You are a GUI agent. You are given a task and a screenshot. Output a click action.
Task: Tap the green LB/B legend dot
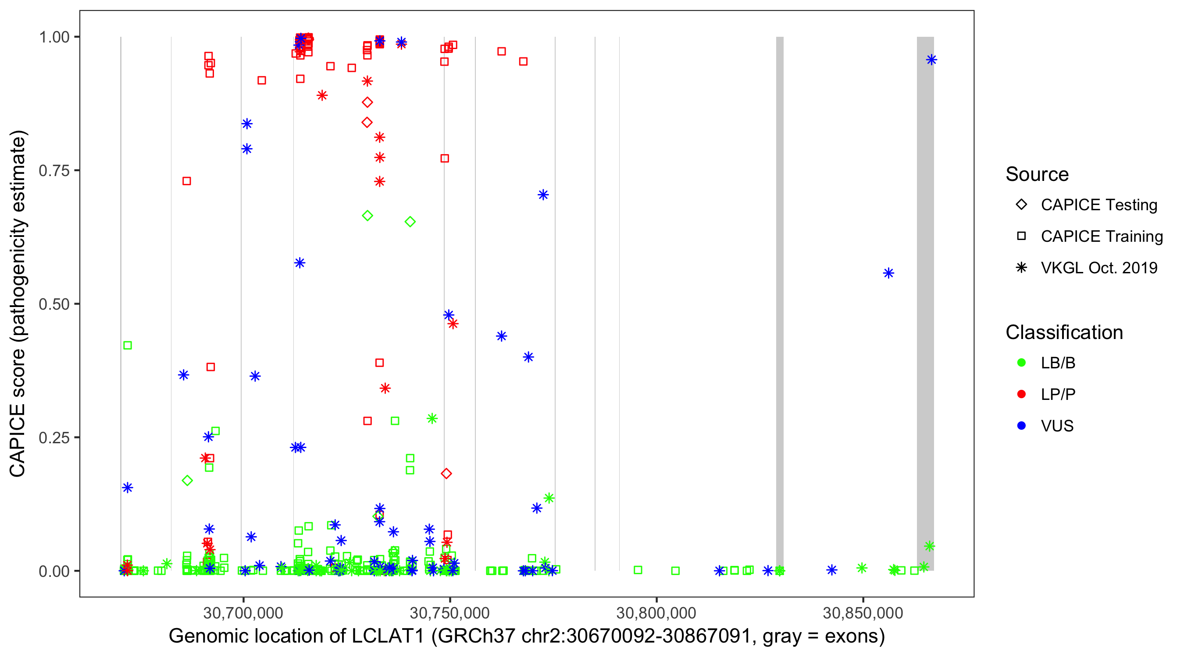(x=1021, y=363)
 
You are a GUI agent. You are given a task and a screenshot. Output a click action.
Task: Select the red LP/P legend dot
(x=1021, y=394)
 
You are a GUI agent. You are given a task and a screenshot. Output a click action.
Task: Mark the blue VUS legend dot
(x=1021, y=426)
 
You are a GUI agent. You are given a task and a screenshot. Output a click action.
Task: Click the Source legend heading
(x=1037, y=174)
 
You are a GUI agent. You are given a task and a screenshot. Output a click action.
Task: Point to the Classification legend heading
(x=1064, y=332)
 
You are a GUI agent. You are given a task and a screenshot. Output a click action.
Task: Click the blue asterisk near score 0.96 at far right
(x=931, y=60)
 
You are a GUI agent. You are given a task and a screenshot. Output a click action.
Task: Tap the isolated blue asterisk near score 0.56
(x=888, y=273)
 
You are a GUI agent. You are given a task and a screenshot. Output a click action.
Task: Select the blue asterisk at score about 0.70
(x=543, y=195)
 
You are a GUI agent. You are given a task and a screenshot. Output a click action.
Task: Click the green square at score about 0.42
(x=128, y=345)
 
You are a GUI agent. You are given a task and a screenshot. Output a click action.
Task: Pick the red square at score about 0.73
(x=187, y=181)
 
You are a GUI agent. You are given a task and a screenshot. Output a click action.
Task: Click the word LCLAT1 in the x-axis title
(x=388, y=636)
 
